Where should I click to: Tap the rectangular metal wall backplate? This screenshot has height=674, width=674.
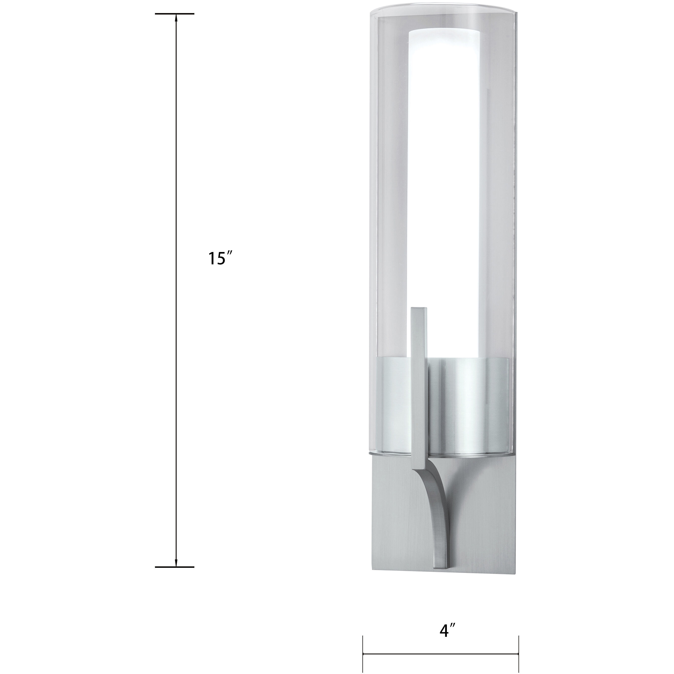481,516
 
